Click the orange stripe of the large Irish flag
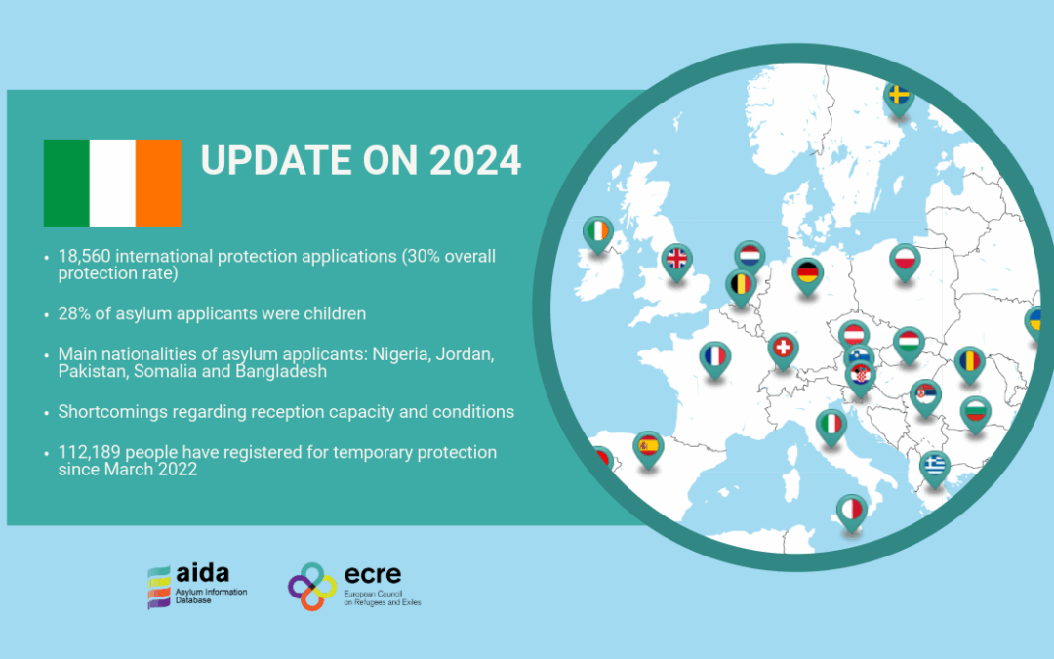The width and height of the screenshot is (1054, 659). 159,183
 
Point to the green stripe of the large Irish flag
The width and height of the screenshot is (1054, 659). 66,183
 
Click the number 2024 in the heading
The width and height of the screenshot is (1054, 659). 474,161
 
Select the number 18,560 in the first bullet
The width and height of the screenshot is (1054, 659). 84,256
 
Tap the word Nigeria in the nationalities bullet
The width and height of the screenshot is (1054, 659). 401,353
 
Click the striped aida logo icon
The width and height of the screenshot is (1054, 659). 159,587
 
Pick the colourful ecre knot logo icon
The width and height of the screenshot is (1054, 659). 312,587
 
